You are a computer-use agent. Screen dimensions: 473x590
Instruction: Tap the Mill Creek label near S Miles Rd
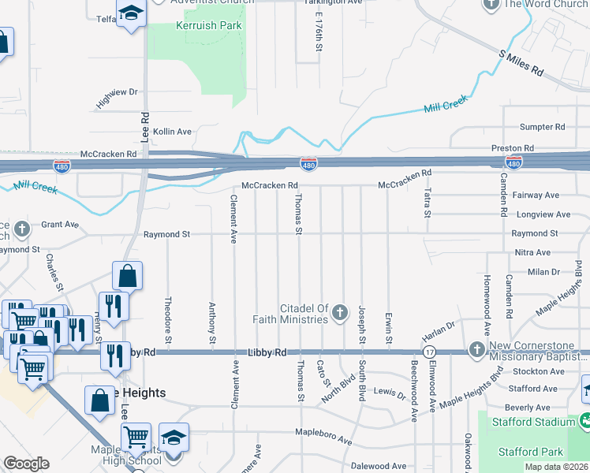446,103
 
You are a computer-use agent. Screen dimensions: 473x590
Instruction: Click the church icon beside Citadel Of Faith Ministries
340,313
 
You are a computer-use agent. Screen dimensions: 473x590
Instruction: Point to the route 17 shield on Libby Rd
429,351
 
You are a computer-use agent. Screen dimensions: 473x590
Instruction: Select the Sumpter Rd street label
543,127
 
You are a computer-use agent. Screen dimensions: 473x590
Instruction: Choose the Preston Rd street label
513,147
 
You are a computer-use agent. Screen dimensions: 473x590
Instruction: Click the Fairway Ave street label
536,196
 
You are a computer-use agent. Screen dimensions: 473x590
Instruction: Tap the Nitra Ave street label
532,252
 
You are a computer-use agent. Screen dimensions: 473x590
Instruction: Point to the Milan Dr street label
543,272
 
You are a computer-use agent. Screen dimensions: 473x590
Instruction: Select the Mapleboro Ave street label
323,432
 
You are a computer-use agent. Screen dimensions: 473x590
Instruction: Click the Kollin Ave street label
172,132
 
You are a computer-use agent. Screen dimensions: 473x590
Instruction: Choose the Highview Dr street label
117,98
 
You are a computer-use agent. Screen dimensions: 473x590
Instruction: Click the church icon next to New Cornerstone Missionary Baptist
476,349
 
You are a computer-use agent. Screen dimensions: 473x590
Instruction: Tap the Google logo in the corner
26,464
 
